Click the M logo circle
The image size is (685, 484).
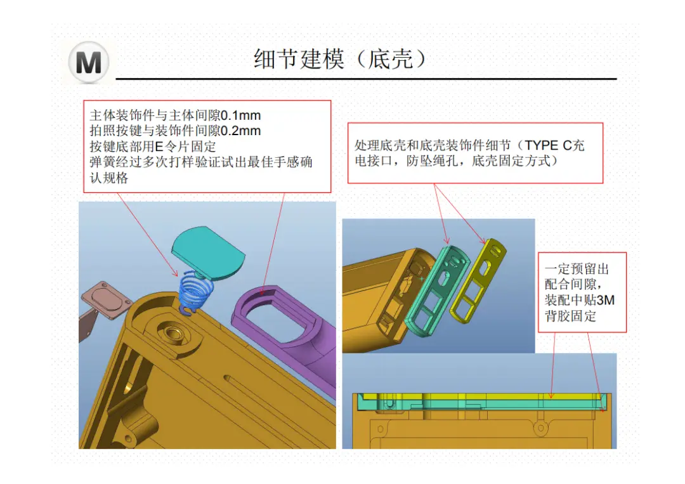click(x=89, y=62)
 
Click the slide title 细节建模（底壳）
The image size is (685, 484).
click(x=340, y=60)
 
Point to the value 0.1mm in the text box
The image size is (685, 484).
click(x=240, y=115)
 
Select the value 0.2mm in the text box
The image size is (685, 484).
click(x=240, y=131)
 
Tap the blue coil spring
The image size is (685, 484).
click(x=196, y=291)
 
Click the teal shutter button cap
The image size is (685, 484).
click(x=207, y=253)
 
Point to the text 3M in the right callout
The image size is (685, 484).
click(x=606, y=300)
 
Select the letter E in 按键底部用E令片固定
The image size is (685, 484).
click(x=159, y=147)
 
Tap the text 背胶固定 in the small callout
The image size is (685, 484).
click(x=570, y=316)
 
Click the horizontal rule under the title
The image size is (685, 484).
click(x=366, y=79)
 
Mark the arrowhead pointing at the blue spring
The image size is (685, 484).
click(x=176, y=273)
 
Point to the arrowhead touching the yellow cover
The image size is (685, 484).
click(x=483, y=241)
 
